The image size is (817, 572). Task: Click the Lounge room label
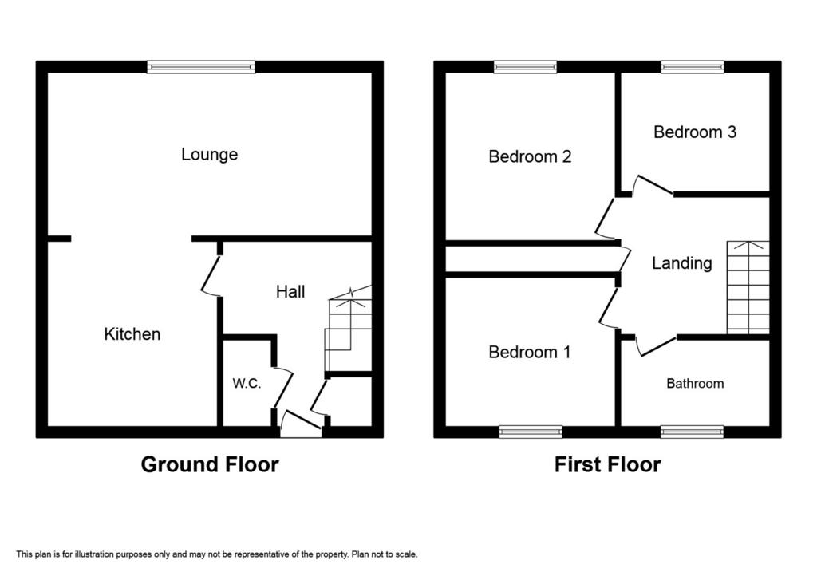pos(210,154)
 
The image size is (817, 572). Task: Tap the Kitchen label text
pos(132,334)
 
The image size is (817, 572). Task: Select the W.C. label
pos(247,384)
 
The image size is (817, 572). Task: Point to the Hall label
pos(290,292)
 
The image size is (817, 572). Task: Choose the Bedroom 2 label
pos(530,156)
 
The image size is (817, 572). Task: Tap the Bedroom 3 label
pos(695,132)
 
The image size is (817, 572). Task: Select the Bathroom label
pos(695,384)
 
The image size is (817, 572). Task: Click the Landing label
pos(682,263)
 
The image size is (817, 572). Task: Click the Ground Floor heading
pos(210,464)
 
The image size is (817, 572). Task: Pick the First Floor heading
pos(607,464)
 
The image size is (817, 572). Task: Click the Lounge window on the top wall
pos(201,67)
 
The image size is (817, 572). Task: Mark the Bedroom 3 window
pos(693,67)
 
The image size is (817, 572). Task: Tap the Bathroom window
pos(693,432)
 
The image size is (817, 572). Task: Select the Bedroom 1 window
pos(531,432)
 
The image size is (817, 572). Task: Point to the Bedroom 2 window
pos(526,67)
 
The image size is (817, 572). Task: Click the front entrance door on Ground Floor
pos(301,424)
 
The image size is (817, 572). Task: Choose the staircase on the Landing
pos(748,287)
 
